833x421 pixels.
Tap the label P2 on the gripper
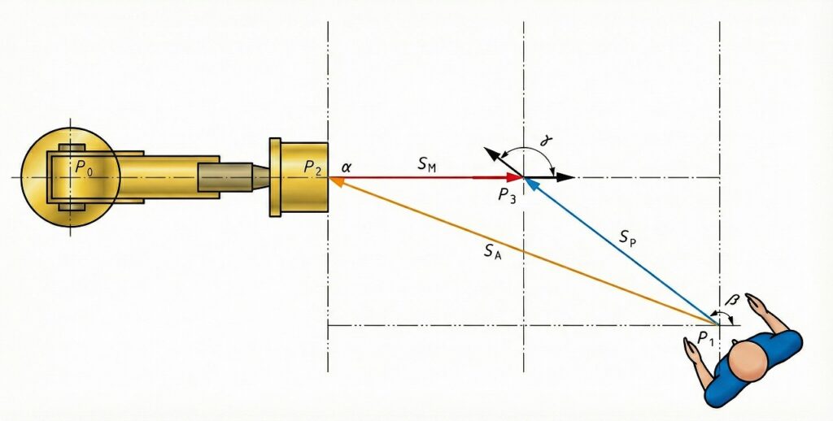(313, 167)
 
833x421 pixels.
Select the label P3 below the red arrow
(508, 195)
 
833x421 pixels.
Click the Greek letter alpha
(347, 167)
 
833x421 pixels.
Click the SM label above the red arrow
(427, 165)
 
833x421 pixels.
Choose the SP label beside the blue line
(627, 237)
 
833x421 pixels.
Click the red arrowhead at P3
(515, 177)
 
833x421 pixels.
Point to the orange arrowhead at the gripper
(335, 184)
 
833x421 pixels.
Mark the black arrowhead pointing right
(566, 177)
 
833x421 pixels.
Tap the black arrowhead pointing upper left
(491, 153)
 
